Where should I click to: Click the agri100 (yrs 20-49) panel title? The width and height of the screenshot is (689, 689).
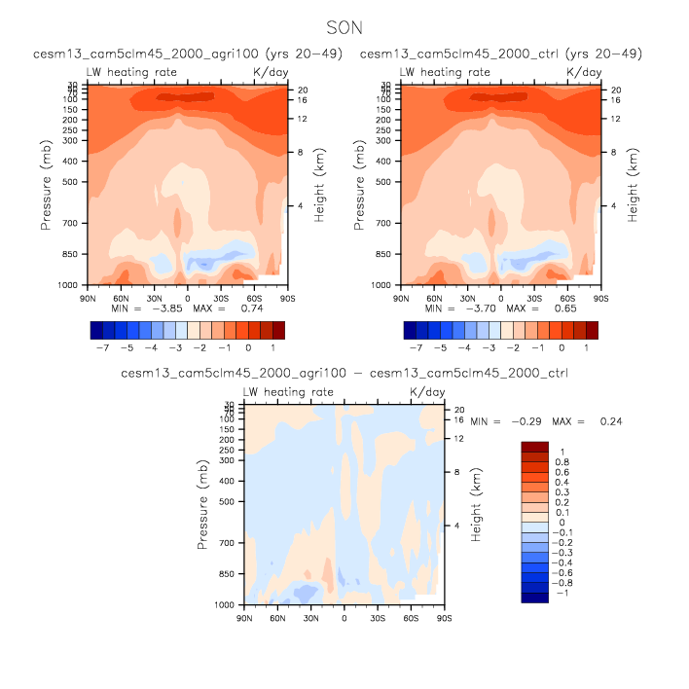[187, 54]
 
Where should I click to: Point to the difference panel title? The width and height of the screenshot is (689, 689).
[344, 373]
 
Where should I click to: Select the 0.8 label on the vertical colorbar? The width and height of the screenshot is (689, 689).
[562, 462]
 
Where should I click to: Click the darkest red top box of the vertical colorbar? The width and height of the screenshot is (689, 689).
[535, 447]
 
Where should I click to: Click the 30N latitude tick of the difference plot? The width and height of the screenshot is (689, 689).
[310, 618]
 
